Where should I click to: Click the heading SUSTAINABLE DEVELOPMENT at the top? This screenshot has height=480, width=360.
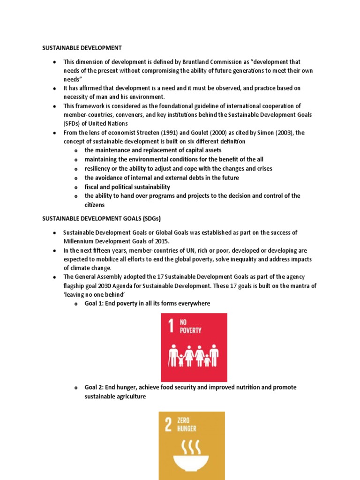(82, 48)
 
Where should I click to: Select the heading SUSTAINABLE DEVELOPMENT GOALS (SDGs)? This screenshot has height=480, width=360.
(102, 218)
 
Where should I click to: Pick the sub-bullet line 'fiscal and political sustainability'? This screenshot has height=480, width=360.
(127, 187)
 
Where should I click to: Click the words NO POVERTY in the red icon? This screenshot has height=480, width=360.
(190, 327)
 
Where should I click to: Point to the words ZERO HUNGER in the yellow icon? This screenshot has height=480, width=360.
(187, 425)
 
